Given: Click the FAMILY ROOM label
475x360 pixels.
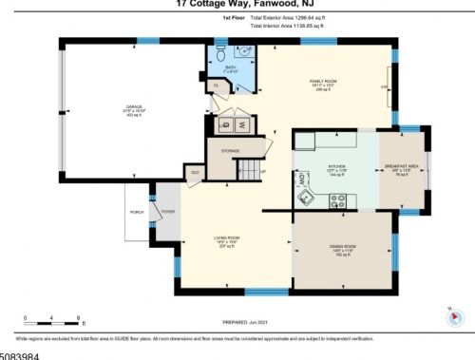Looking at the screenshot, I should (x=324, y=83).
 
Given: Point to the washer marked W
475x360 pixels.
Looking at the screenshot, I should (x=242, y=123).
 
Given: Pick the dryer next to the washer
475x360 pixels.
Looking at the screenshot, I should (x=225, y=123).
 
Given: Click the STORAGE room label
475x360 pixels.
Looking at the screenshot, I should (x=231, y=150).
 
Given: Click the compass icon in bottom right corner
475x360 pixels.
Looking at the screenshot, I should (x=453, y=313).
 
